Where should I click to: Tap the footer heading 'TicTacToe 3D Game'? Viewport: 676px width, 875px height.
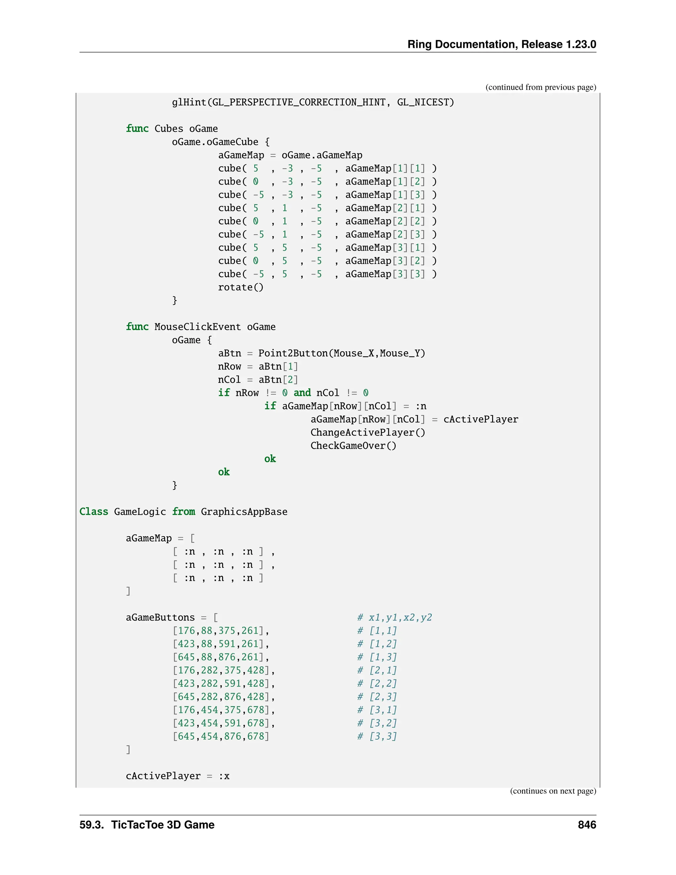click(x=163, y=824)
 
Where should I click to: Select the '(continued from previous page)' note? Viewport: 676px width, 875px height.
click(x=541, y=87)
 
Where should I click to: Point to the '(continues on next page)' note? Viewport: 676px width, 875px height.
click(x=553, y=791)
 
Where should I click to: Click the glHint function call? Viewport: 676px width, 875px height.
click(x=189, y=102)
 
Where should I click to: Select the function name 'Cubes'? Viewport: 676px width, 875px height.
click(x=169, y=128)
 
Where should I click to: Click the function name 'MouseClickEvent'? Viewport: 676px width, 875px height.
click(x=197, y=327)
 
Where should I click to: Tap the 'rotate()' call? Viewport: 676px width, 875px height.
click(x=241, y=287)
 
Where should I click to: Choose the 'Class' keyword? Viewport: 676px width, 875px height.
click(x=94, y=511)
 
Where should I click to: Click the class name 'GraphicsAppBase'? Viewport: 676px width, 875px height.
click(x=244, y=511)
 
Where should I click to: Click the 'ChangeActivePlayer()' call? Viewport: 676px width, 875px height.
click(x=368, y=432)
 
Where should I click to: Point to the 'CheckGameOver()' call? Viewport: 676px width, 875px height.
click(x=353, y=445)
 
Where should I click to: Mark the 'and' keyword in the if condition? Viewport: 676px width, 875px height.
click(x=302, y=393)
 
